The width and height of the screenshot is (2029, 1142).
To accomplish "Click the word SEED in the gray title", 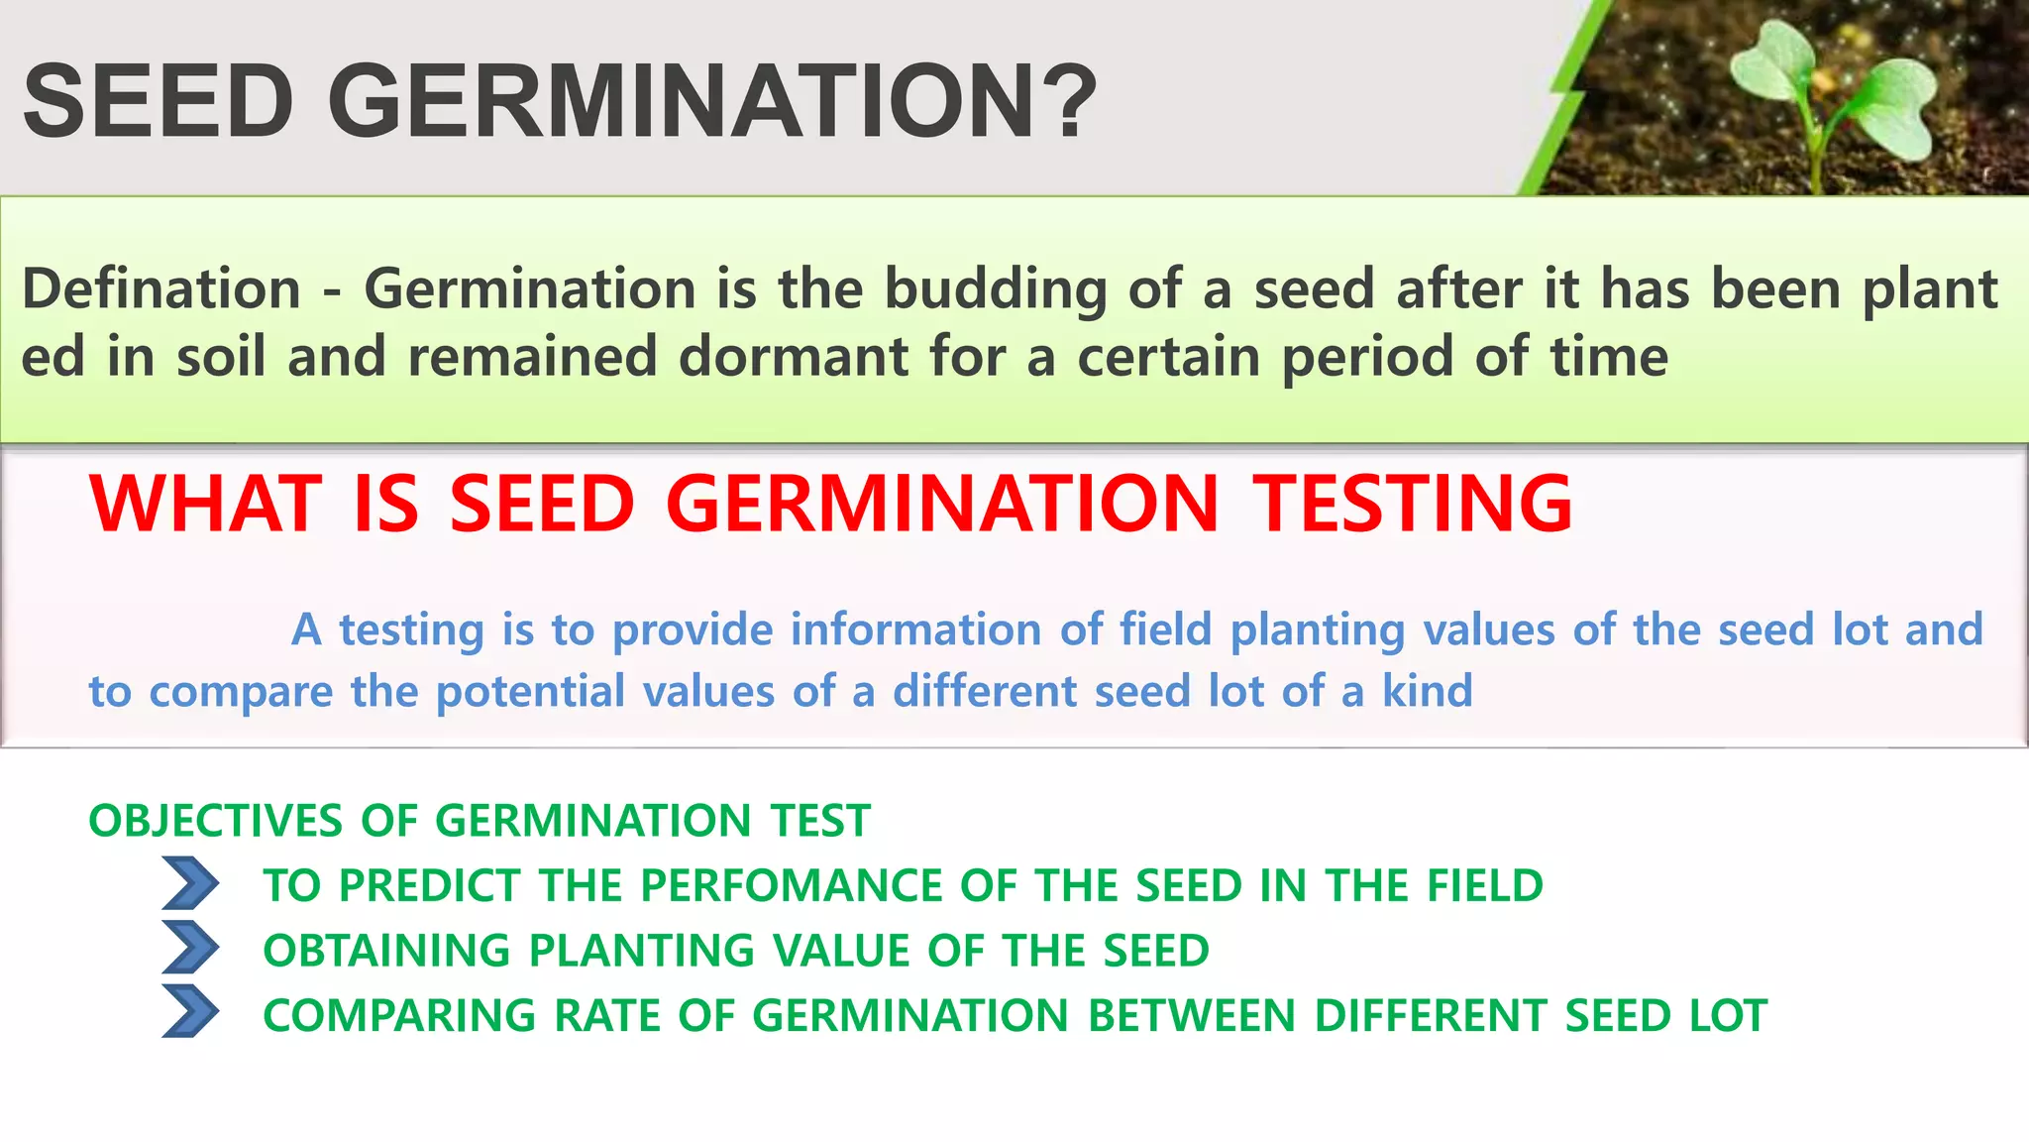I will (x=159, y=101).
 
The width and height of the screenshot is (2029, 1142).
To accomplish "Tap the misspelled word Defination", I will (x=161, y=289).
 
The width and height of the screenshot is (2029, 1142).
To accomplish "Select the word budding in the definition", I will (x=995, y=289).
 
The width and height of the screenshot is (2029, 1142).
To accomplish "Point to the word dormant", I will (x=793, y=357).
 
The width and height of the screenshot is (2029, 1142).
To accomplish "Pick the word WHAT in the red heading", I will (x=206, y=504).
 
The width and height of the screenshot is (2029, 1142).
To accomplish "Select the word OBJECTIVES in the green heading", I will (x=216, y=821).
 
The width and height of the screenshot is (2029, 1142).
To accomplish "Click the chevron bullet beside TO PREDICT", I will (x=189, y=884).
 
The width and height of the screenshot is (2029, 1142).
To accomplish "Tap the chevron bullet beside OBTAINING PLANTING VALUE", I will (x=189, y=948).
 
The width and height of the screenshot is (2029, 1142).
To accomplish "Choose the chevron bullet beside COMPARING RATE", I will (x=189, y=1012).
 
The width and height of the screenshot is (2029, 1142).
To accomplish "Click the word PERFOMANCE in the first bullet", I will (x=767, y=885).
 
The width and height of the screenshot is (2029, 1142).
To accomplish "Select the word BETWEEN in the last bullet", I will (x=1191, y=1016).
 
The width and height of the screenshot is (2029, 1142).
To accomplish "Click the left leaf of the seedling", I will (x=1773, y=64).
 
